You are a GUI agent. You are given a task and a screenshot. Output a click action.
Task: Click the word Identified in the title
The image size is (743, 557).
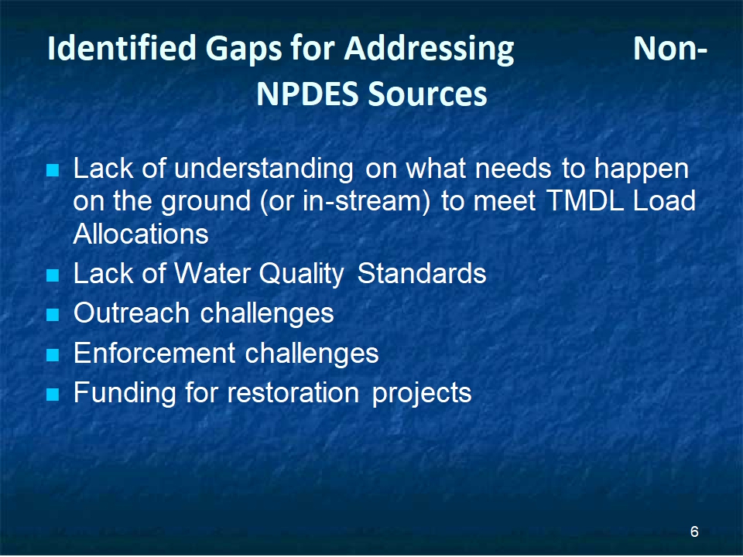tap(122, 47)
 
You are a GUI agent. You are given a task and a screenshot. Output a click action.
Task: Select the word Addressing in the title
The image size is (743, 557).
tap(429, 50)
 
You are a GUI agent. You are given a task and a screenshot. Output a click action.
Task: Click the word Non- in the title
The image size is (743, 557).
tap(670, 48)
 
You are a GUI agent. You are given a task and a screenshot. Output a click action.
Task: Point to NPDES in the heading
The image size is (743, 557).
tap(307, 94)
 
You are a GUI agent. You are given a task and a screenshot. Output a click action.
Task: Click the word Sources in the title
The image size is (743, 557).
tap(427, 94)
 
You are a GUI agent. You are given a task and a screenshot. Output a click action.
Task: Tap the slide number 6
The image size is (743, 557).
tap(694, 531)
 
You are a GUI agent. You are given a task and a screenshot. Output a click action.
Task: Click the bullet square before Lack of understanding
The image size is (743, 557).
tap(53, 170)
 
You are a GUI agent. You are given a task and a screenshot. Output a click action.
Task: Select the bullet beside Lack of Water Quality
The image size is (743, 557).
tap(53, 275)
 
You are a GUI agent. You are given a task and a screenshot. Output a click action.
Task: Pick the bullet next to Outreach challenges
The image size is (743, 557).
tap(53, 315)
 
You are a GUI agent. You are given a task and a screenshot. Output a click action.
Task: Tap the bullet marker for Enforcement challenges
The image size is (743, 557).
tap(53, 354)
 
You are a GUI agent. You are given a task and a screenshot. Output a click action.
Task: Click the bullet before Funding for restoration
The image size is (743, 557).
tap(53, 394)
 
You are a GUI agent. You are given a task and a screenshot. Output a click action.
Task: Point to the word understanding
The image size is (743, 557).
tap(264, 169)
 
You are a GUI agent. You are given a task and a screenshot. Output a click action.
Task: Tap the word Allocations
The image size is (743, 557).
tap(141, 234)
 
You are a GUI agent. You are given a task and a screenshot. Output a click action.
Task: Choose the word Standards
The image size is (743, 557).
tap(422, 273)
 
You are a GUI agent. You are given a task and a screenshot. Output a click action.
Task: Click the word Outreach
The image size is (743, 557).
tap(132, 313)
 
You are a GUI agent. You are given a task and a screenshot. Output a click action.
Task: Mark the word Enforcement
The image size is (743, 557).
tap(155, 353)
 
